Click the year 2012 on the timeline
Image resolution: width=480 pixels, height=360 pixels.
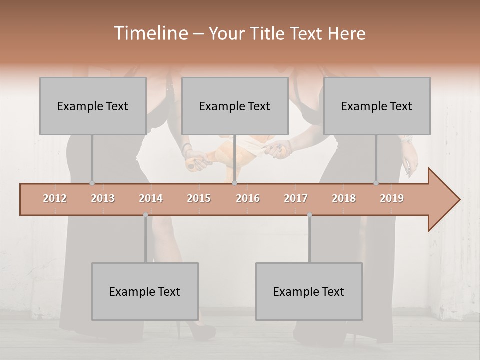coord(55,198)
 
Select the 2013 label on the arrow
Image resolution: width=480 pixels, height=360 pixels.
coord(103,198)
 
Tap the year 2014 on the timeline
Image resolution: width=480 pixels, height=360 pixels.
coord(151,198)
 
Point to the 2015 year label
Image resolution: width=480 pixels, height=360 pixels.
coord(199,198)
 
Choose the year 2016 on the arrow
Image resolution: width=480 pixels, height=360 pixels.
coord(248,198)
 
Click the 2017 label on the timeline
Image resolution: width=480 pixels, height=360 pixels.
coord(296,198)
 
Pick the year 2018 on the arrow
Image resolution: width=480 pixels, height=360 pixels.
coord(344,198)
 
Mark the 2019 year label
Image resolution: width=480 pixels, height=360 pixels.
coord(392,198)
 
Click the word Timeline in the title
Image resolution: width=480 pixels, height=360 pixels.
coord(150,33)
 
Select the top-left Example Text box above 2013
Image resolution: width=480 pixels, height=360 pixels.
coord(93,106)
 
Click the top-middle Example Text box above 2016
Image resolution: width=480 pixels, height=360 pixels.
coord(235,106)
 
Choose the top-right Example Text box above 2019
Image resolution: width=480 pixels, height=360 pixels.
coord(377,106)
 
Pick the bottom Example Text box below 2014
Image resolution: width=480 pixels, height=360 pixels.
coord(145,291)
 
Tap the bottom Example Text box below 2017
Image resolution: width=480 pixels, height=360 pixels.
coord(309,291)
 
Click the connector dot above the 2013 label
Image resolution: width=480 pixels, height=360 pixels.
coord(92,183)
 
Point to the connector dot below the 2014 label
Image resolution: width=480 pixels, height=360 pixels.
coord(145,215)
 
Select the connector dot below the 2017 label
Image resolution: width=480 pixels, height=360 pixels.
coord(309,215)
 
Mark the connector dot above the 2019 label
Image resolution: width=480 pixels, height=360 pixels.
coord(376,183)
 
